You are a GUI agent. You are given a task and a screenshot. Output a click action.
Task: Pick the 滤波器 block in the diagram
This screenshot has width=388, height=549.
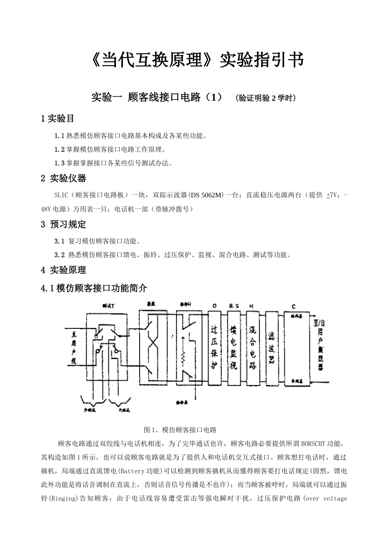tap(272, 348)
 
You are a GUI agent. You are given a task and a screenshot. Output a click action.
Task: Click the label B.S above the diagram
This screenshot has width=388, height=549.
tap(234, 306)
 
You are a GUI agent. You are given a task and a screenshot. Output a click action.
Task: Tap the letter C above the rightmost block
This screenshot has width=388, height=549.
tap(294, 306)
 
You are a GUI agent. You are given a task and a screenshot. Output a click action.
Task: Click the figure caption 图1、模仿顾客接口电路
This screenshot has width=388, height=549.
tap(180, 430)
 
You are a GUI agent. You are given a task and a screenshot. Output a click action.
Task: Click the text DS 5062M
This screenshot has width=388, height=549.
tap(206, 195)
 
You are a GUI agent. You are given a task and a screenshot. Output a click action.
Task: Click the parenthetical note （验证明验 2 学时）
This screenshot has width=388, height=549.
tap(266, 98)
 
